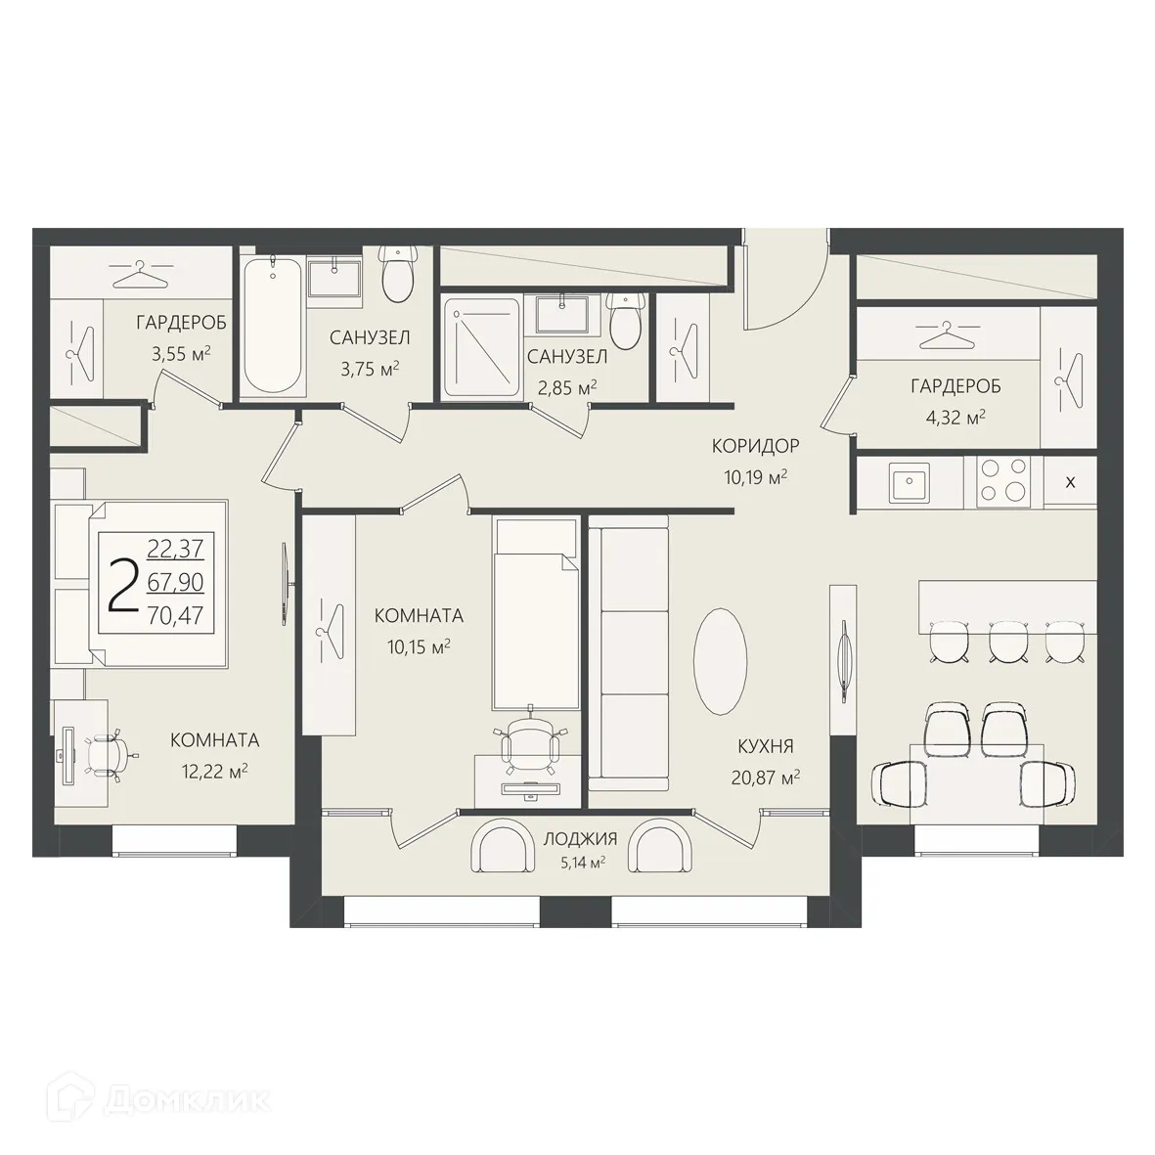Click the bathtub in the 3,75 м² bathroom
pyautogui.click(x=272, y=326)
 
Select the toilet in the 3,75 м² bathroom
pyautogui.click(x=398, y=274)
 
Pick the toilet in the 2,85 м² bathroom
pyautogui.click(x=626, y=321)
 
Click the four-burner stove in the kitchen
pyautogui.click(x=1003, y=482)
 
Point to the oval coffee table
pyautogui.click(x=721, y=661)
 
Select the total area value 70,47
pyautogui.click(x=175, y=615)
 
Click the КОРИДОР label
pyautogui.click(x=755, y=446)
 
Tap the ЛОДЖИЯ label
pyautogui.click(x=581, y=838)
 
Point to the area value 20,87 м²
pyautogui.click(x=766, y=777)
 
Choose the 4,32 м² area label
pyautogui.click(x=955, y=418)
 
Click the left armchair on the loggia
pyautogui.click(x=500, y=847)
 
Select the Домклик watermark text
pyautogui.click(x=187, y=1100)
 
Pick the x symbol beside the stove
pyautogui.click(x=1070, y=482)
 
